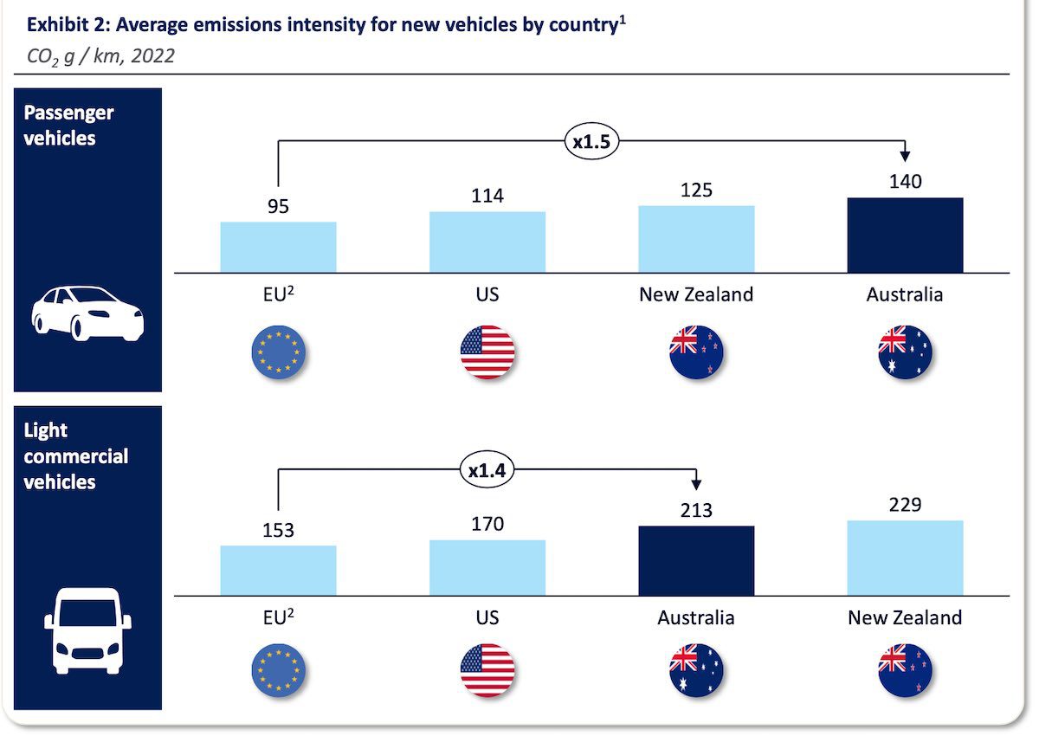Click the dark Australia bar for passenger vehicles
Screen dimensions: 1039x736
coord(906,236)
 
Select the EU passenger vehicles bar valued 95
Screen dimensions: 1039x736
coord(278,248)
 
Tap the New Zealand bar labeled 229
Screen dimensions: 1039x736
coord(906,558)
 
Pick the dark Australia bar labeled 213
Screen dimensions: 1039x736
coord(696,561)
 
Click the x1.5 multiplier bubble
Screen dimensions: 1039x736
coord(592,141)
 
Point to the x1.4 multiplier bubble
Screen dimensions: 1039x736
coord(487,470)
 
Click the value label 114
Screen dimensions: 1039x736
coord(487,196)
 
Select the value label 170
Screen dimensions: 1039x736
coord(487,524)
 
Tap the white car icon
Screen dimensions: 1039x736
coord(87,313)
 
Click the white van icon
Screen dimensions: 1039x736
coord(87,631)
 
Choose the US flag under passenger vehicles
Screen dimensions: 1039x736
coord(487,352)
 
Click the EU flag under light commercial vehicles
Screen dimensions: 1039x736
coord(278,670)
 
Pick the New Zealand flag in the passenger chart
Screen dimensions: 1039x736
coord(696,352)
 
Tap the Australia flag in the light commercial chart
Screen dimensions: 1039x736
coord(696,670)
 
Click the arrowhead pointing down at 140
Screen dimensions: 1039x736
coord(905,156)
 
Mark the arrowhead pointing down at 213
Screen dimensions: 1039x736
coord(696,485)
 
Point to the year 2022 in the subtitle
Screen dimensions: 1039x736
coord(153,56)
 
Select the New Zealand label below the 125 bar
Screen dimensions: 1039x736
coord(696,294)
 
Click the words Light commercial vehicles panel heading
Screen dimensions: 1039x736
coord(75,456)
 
